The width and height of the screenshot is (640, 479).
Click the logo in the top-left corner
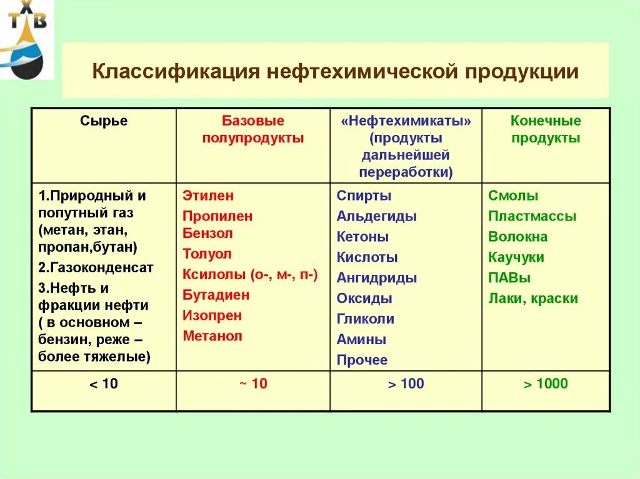(26, 39)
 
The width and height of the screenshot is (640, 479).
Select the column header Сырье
(104, 121)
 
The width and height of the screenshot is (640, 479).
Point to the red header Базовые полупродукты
(252, 130)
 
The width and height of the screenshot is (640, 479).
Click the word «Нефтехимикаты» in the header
(406, 121)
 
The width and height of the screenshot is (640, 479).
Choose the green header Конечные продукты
(546, 130)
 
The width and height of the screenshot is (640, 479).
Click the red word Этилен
(208, 195)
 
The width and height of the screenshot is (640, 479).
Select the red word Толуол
(207, 254)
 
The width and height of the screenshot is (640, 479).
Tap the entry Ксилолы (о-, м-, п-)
(250, 274)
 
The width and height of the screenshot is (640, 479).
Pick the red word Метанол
(212, 336)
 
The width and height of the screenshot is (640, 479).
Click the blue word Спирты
(364, 195)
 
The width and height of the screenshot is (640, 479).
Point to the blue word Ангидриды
(376, 278)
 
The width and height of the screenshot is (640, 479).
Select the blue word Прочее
(362, 360)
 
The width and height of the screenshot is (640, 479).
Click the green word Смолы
(513, 195)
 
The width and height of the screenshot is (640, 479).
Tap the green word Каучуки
(516, 257)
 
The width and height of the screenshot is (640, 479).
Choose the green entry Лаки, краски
(533, 299)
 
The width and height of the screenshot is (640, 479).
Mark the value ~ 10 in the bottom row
(252, 384)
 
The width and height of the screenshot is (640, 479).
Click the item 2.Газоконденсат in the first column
(96, 267)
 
